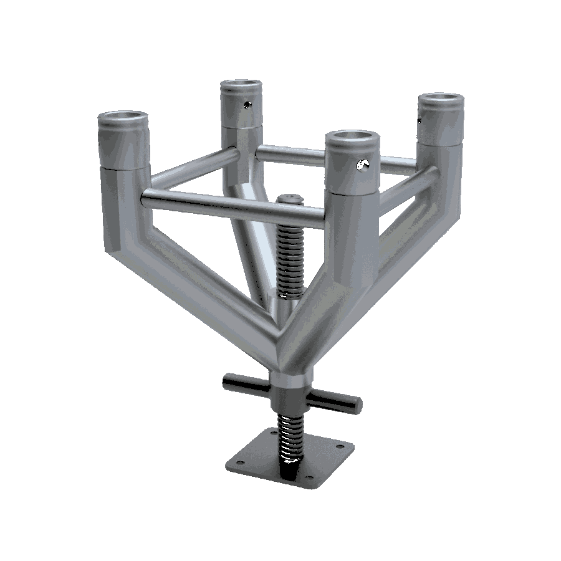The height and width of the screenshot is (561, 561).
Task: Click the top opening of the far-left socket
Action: click(x=123, y=118)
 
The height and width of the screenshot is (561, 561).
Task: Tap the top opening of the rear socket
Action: click(x=241, y=85)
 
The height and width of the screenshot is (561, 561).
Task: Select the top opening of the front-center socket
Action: click(x=352, y=137)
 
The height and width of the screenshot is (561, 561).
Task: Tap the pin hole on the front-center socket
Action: click(x=362, y=165)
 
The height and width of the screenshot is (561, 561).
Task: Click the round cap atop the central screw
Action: click(x=289, y=199)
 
